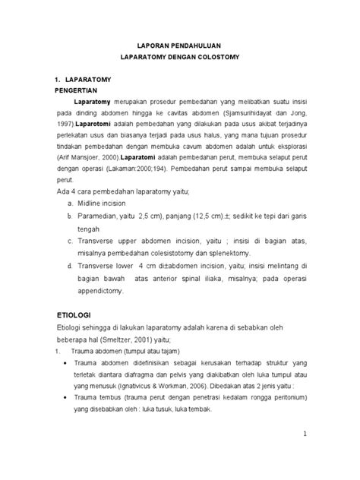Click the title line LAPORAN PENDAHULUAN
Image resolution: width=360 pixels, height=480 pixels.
(180, 45)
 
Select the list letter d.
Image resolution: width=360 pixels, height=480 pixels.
(70, 266)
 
